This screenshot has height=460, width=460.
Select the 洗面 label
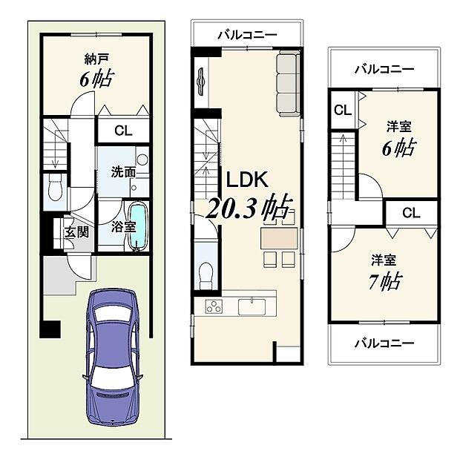click(x=122, y=171)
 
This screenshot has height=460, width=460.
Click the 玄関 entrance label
click(x=76, y=231)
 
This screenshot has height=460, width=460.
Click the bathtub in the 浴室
click(x=139, y=227)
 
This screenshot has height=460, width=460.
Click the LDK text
click(x=245, y=180)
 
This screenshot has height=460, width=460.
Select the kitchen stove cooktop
click(x=212, y=306)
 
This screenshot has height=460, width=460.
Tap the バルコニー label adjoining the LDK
click(x=247, y=34)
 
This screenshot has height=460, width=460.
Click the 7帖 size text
click(x=387, y=282)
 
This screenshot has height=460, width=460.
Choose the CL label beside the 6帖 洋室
click(x=341, y=111)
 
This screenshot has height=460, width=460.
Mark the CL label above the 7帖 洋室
click(x=411, y=213)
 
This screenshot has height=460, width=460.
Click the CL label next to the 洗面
click(x=124, y=131)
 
